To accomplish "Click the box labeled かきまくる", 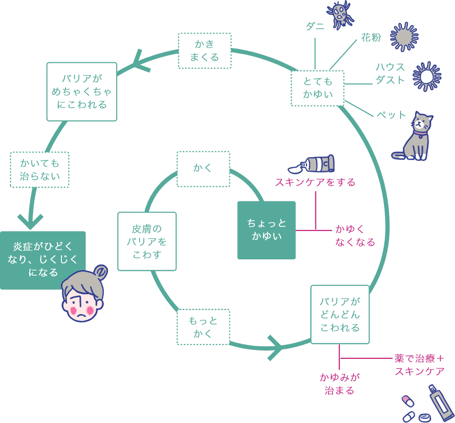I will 205,51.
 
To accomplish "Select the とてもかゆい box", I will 318,88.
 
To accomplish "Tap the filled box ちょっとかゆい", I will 267,230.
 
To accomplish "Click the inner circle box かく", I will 203,168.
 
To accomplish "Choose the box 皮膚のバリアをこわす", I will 147,241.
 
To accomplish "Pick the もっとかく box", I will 203,327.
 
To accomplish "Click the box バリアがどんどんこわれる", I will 340,314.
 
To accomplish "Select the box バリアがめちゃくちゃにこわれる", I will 82,92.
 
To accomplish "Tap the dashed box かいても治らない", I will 40,170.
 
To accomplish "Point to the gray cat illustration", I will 415,137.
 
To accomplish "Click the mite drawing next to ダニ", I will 341,14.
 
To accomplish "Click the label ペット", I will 391,114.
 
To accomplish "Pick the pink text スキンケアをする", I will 315,182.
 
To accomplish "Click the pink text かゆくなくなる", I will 355,235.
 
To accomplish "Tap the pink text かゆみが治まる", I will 340,383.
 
